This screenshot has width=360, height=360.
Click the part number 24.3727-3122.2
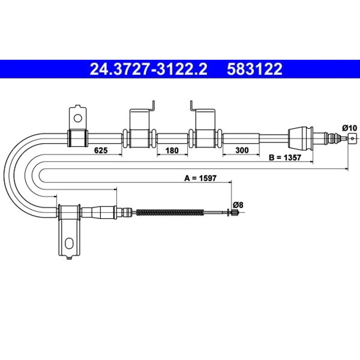pos(148,69)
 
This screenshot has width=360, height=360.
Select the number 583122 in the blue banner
pos(255,69)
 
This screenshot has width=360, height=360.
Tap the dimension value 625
pos(101,150)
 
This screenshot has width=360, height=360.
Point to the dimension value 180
pos(172,150)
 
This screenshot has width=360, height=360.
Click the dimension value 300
pos(242,150)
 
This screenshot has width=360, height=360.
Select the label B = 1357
pos(285,158)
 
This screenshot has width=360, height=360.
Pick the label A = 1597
pos(201,178)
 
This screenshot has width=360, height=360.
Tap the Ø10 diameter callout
pos(350,128)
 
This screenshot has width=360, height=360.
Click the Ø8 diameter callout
pos(238,204)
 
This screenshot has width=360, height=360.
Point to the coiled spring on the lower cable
pos(170,212)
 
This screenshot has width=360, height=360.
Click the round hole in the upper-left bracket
pos(78,118)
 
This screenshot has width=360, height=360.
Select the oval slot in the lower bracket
pos(69,243)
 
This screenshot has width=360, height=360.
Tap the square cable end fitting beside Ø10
pos(352,138)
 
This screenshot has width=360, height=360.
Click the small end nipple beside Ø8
pos(235,212)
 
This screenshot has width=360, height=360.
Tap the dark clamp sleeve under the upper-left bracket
pos(78,138)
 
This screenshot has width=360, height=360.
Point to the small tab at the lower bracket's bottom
pos(69,258)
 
